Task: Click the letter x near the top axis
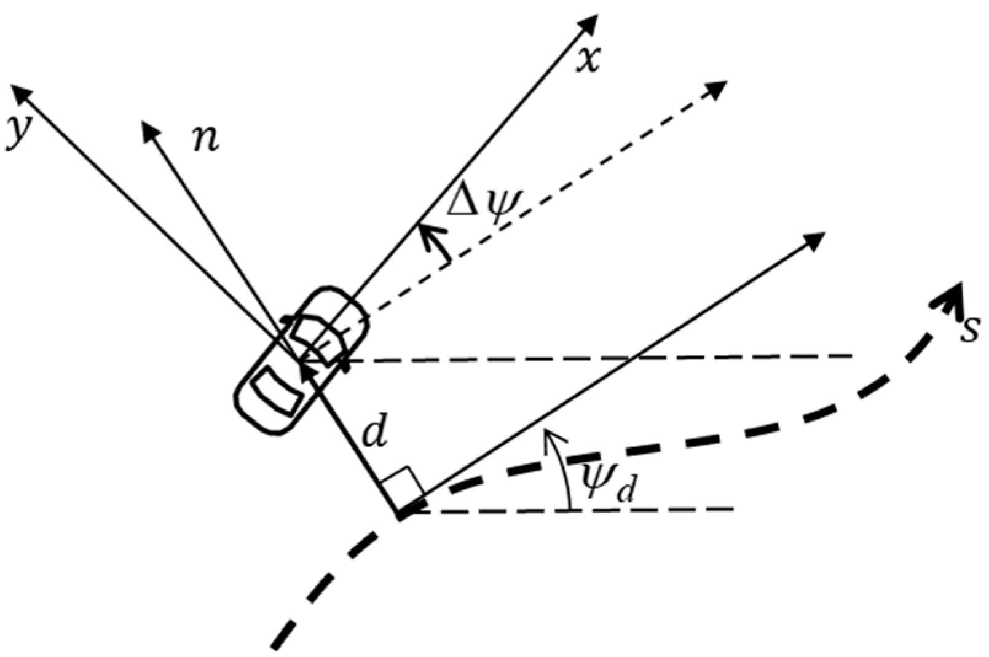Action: (x=588, y=60)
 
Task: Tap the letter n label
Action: (x=205, y=140)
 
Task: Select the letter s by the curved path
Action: (x=970, y=330)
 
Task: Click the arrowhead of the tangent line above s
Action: (x=815, y=240)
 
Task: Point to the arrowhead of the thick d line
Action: (x=308, y=368)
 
